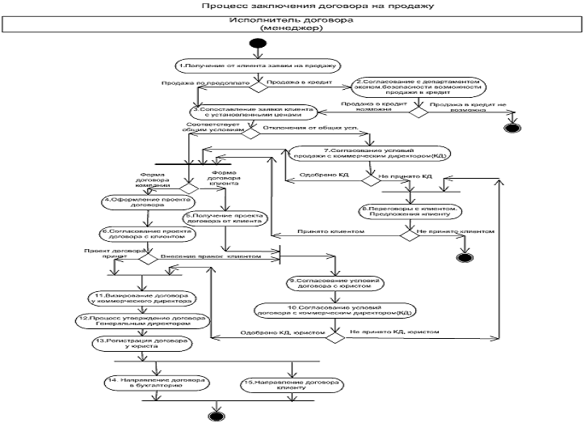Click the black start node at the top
click(x=259, y=43)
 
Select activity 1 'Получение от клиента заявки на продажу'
click(x=259, y=63)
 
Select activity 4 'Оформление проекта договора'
click(x=133, y=202)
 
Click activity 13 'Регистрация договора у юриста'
click(x=141, y=343)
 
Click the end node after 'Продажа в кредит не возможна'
click(x=510, y=126)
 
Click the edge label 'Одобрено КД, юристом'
click(x=287, y=332)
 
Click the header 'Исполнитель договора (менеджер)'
click(x=290, y=23)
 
